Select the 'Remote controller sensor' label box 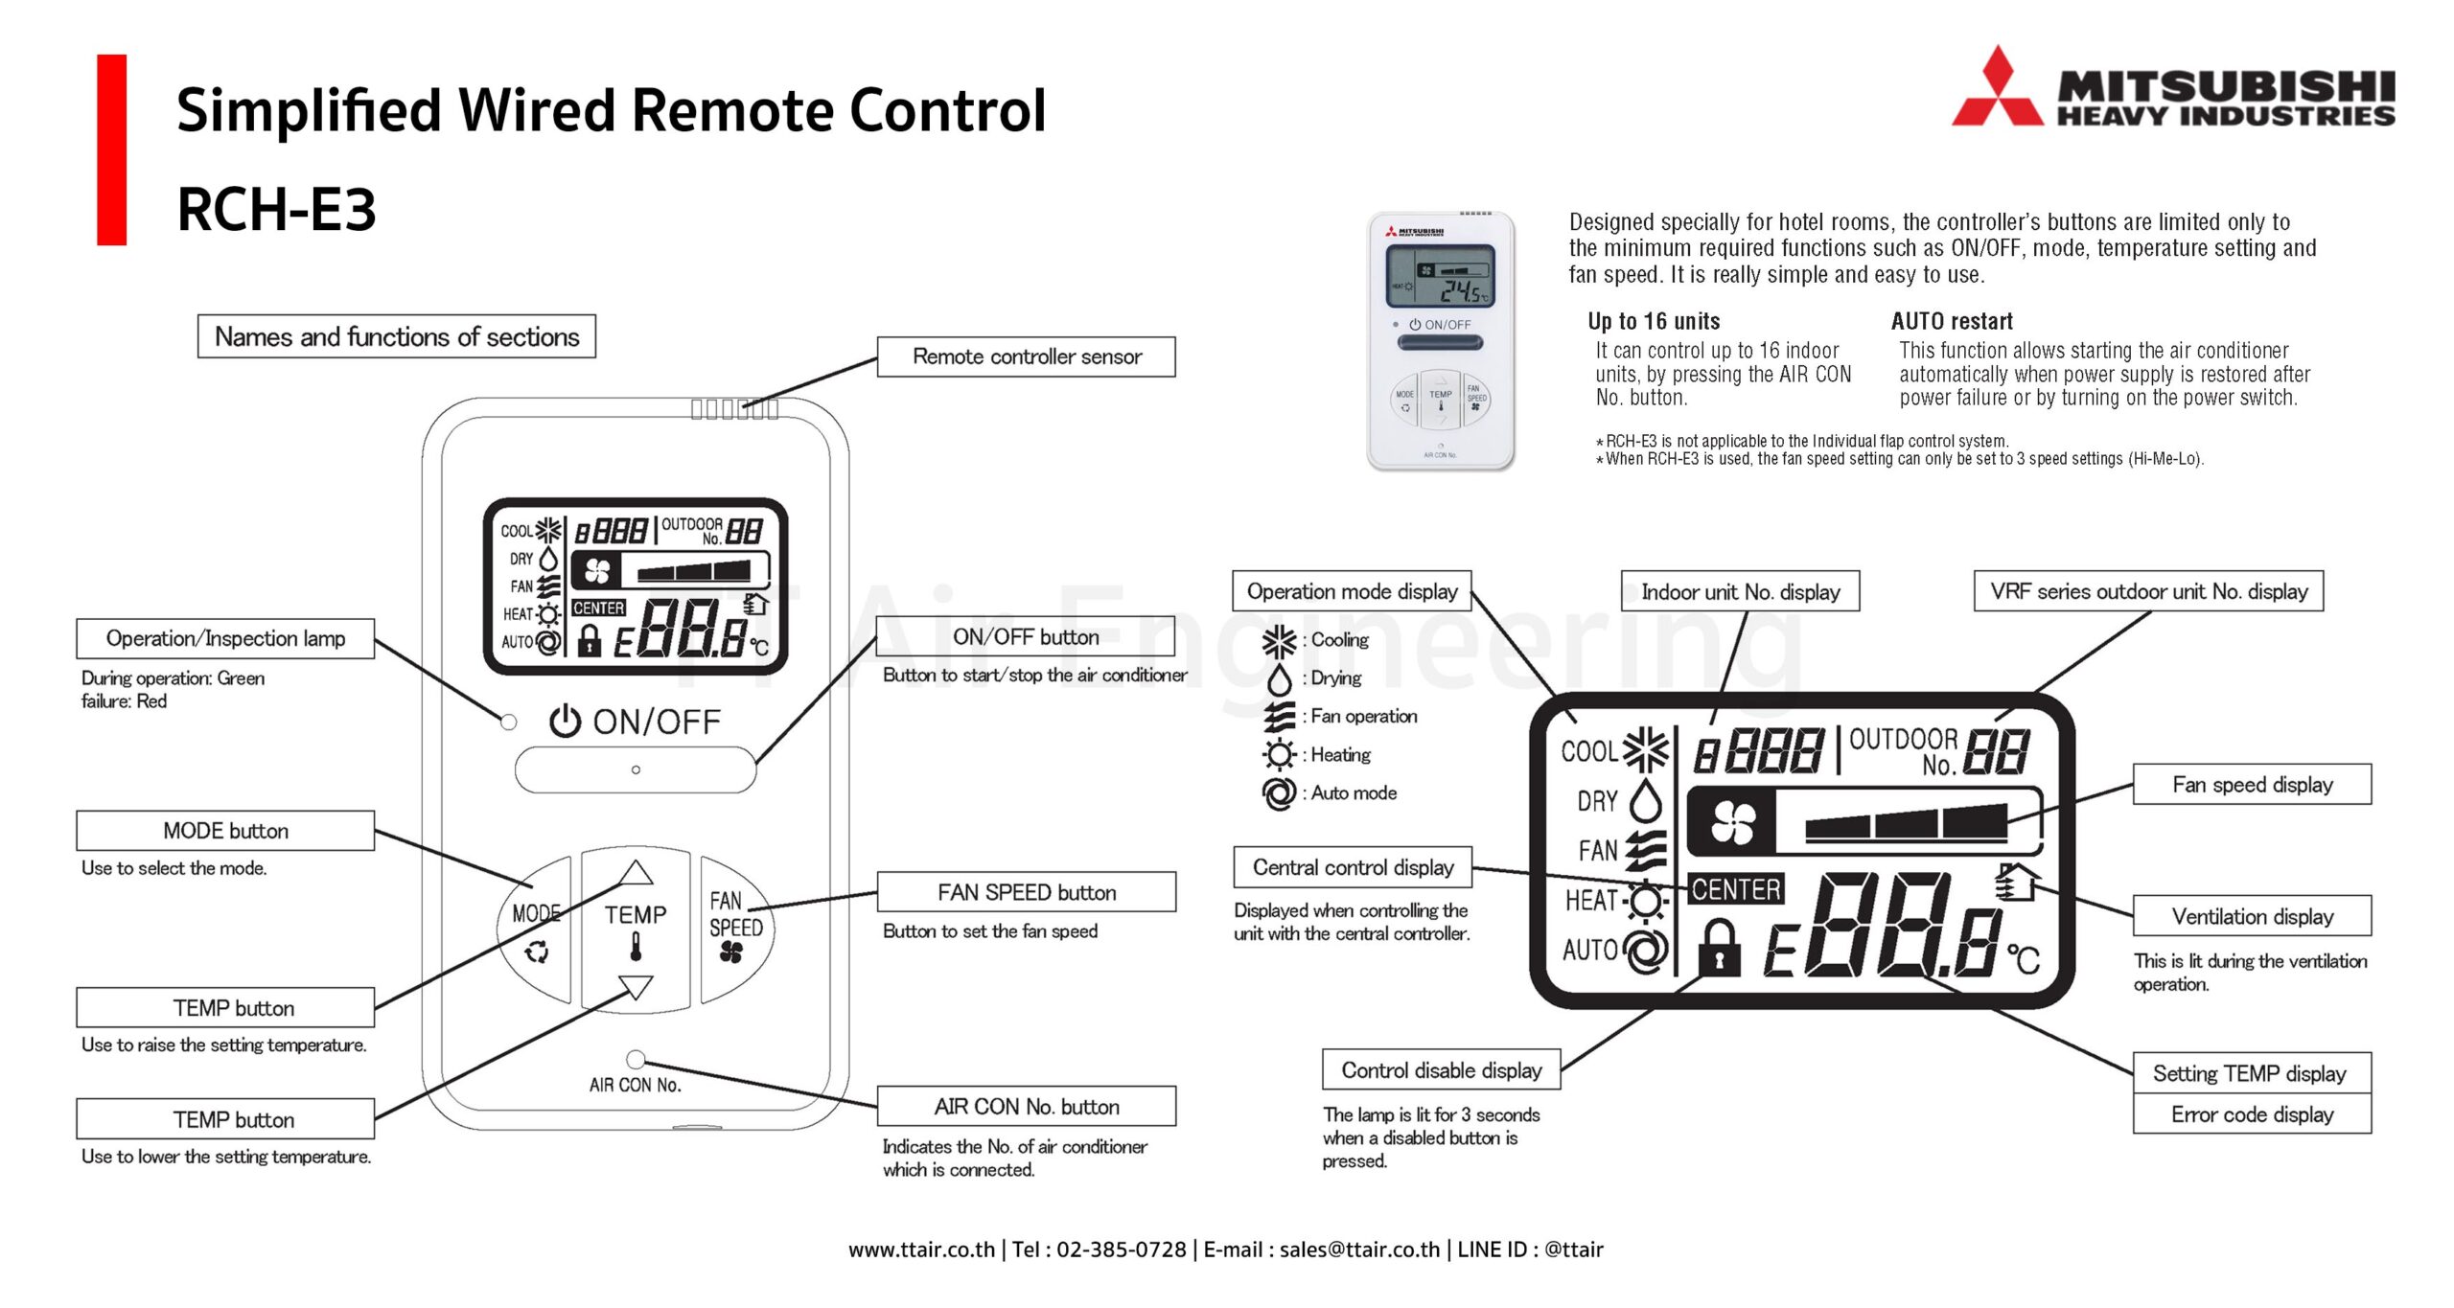pyautogui.click(x=1026, y=356)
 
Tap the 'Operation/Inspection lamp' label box pyautogui.click(x=225, y=638)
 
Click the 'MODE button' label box pyautogui.click(x=225, y=831)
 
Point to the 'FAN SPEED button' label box pyautogui.click(x=1026, y=892)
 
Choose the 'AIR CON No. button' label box pyautogui.click(x=1026, y=1107)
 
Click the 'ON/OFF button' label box pyautogui.click(x=1025, y=637)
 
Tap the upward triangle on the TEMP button pyautogui.click(x=636, y=872)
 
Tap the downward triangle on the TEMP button pyautogui.click(x=636, y=986)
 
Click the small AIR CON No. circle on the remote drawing pyautogui.click(x=635, y=1059)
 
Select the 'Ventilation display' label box pyautogui.click(x=2252, y=917)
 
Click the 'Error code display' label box pyautogui.click(x=2252, y=1114)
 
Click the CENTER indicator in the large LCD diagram pyautogui.click(x=1735, y=889)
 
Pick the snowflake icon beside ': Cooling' pyautogui.click(x=1279, y=641)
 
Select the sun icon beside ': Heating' pyautogui.click(x=1279, y=755)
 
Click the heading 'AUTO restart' pyautogui.click(x=1952, y=321)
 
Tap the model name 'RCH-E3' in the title pyautogui.click(x=277, y=209)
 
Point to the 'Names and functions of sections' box pyautogui.click(x=396, y=336)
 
